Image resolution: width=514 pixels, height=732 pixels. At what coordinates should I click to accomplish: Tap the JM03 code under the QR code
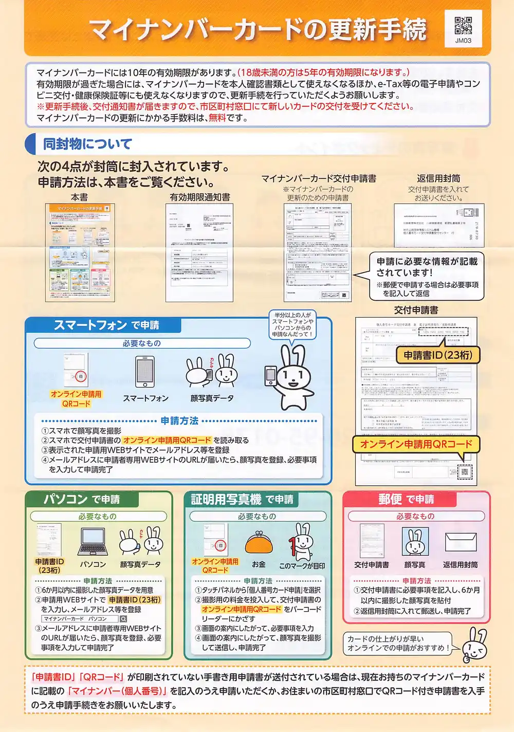click(x=463, y=41)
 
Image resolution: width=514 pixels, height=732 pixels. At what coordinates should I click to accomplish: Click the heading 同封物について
click(x=87, y=144)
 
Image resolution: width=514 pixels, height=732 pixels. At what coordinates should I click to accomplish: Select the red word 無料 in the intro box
click(x=217, y=118)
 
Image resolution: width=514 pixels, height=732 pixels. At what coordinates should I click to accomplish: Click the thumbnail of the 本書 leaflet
click(x=80, y=252)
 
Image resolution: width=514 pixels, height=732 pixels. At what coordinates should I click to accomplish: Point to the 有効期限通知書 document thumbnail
click(x=199, y=252)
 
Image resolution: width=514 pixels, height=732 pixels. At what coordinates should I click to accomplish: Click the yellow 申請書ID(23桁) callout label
click(x=437, y=355)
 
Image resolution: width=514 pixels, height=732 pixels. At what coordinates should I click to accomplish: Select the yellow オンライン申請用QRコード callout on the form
click(x=415, y=444)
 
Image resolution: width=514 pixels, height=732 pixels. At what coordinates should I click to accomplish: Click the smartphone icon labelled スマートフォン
click(x=145, y=372)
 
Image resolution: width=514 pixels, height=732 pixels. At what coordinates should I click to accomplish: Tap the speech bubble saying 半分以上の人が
click(x=292, y=324)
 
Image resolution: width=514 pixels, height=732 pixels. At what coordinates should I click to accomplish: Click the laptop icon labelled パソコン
click(x=93, y=542)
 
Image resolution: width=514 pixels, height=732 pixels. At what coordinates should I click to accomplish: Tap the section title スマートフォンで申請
click(x=106, y=325)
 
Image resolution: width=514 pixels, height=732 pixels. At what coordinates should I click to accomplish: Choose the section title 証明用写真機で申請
click(x=242, y=499)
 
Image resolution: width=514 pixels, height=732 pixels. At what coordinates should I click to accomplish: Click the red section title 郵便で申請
click(x=406, y=499)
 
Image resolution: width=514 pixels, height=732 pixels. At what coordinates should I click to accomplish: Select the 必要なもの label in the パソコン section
click(x=98, y=516)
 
